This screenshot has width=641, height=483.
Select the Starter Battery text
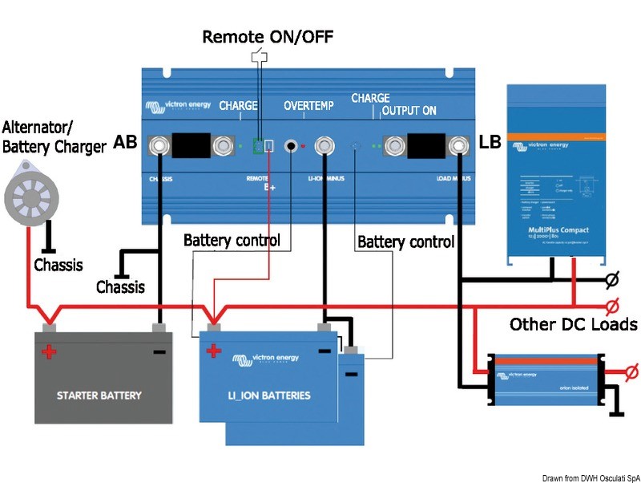point(99,395)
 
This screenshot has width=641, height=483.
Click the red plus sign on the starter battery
point(50,351)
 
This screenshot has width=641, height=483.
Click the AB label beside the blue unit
point(126,142)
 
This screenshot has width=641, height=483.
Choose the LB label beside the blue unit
point(490,142)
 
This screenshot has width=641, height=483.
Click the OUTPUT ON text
point(409,110)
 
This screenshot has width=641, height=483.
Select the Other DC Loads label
point(573,324)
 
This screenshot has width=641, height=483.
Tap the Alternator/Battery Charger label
point(54,136)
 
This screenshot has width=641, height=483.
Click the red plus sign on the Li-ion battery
point(214,351)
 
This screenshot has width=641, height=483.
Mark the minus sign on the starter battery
point(160,351)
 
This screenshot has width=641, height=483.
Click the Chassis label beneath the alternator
point(58,265)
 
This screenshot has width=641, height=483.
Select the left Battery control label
point(232,240)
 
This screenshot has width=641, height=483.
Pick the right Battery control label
point(405,241)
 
